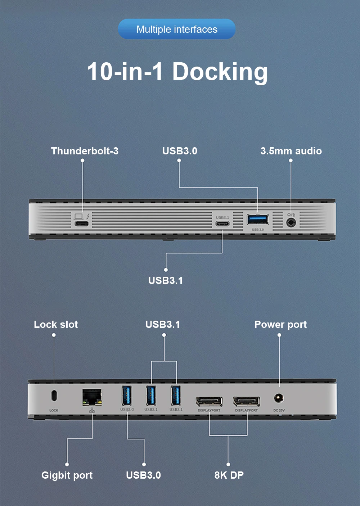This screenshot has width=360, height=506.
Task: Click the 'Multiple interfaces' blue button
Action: click(177, 29)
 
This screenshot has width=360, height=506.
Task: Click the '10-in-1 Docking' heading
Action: click(177, 71)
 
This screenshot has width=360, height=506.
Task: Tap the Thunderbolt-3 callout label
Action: click(85, 151)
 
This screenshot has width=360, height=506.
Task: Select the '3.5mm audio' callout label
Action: click(291, 151)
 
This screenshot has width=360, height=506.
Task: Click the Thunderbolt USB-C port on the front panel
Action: click(82, 223)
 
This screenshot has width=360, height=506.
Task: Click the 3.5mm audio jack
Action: click(291, 223)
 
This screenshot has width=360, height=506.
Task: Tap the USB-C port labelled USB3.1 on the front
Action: click(222, 223)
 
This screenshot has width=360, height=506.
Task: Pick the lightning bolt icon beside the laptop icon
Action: click(88, 216)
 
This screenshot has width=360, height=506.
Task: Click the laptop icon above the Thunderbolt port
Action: click(78, 216)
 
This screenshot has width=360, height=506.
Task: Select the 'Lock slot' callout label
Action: click(56, 324)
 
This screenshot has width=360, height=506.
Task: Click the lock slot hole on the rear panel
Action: click(54, 395)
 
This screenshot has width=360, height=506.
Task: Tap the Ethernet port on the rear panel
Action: click(92, 397)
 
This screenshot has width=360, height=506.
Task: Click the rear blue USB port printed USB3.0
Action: click(127, 396)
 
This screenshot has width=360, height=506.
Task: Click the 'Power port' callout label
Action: click(280, 324)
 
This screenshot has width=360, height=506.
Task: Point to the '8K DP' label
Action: click(229, 475)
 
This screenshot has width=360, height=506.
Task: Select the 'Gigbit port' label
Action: click(67, 475)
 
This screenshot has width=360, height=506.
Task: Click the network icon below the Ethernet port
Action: click(92, 410)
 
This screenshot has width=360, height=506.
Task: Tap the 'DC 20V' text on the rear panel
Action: click(279, 410)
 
